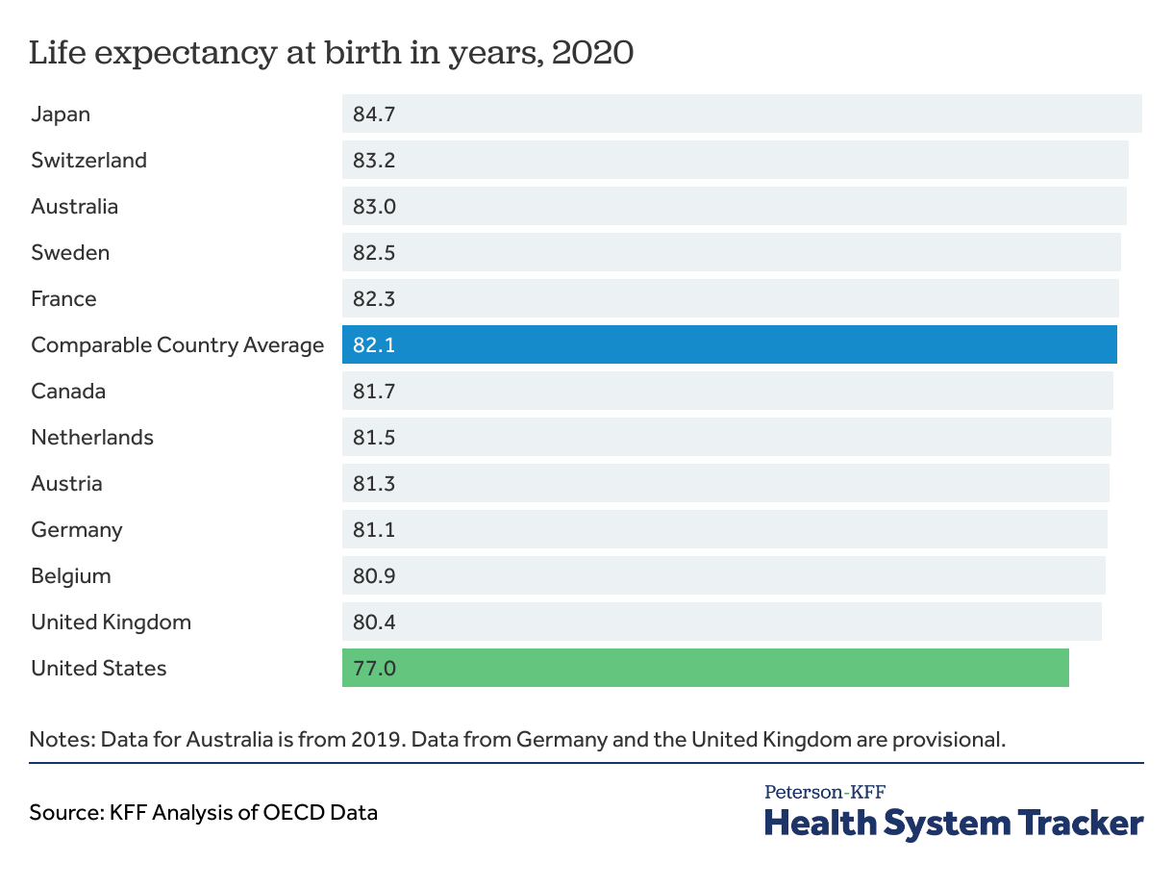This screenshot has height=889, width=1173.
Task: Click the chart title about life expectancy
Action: point(331,53)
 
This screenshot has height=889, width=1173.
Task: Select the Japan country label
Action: point(61,114)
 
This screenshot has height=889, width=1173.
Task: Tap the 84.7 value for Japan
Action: point(374,114)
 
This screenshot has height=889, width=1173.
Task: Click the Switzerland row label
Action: point(88,161)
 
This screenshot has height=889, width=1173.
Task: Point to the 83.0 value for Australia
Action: point(374,207)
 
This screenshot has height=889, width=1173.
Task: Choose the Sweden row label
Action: point(70,253)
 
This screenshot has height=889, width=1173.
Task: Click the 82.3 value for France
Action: point(374,299)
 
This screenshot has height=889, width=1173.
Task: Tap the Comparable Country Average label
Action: point(177,345)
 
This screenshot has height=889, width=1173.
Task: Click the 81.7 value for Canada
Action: point(374,392)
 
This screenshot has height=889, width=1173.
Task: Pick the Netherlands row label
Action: point(92,438)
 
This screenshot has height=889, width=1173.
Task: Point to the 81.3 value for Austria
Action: point(374,484)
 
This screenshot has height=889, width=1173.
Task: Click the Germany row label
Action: point(77,530)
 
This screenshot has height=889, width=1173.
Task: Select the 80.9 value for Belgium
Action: point(374,576)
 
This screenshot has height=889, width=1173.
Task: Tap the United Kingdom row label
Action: point(111,622)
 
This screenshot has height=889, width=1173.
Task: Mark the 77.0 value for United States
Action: point(374,669)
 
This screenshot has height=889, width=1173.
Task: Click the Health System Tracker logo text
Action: point(953,824)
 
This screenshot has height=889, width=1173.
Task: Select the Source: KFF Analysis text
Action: point(203,812)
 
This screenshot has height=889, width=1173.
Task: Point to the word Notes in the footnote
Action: point(61,740)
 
